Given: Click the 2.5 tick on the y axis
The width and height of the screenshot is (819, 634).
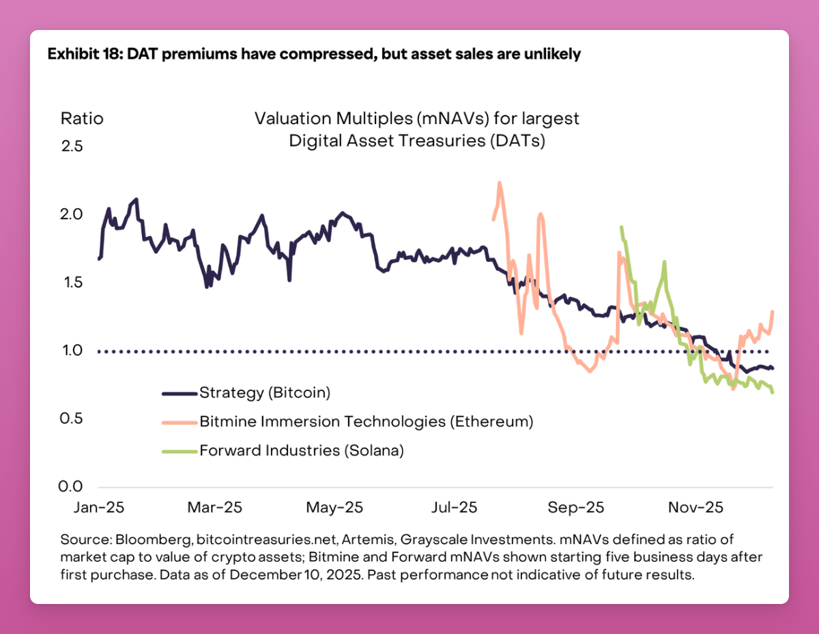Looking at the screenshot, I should [72, 146].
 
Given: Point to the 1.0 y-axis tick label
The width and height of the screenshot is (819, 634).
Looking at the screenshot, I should [72, 351].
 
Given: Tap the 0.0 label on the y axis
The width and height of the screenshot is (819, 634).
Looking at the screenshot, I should [72, 487].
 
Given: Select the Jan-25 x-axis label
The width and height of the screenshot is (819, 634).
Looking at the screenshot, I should [99, 508].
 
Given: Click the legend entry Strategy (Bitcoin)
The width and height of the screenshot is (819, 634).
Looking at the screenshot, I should [265, 392].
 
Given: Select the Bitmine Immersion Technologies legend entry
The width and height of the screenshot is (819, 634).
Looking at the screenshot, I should [366, 421].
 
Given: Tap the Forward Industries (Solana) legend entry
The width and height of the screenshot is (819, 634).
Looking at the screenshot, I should [302, 450].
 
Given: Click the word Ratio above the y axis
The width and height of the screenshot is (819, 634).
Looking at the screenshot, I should [82, 118].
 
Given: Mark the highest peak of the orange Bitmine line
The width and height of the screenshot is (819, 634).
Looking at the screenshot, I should [500, 182].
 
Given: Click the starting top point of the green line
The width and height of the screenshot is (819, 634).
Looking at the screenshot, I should [621, 227].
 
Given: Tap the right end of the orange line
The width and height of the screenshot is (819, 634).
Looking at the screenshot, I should [772, 312].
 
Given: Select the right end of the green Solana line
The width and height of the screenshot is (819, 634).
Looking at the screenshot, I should [773, 392].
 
